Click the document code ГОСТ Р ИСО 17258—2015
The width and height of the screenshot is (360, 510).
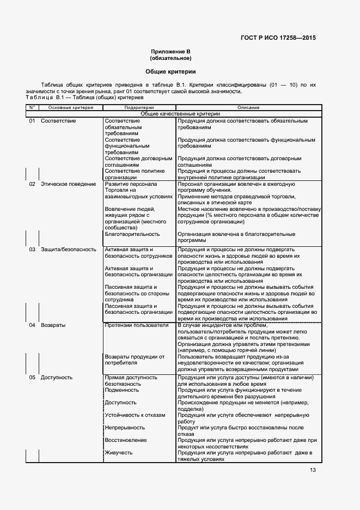point(278,38)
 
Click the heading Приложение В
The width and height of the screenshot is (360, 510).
point(170,51)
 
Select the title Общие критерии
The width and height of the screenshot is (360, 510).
point(170,71)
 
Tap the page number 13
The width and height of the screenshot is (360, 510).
point(313,470)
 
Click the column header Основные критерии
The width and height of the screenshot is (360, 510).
point(67,108)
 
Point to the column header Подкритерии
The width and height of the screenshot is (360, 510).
point(139,108)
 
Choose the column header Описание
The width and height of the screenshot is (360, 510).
point(248,108)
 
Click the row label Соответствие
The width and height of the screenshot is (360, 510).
point(58,120)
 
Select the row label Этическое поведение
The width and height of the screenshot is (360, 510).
point(68,184)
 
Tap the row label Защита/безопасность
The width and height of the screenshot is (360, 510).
point(69,250)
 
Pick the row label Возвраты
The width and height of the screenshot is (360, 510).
point(53,325)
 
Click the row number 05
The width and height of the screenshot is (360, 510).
point(32,378)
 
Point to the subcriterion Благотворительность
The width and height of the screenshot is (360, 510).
point(132,234)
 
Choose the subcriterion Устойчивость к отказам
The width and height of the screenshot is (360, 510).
point(135,415)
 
